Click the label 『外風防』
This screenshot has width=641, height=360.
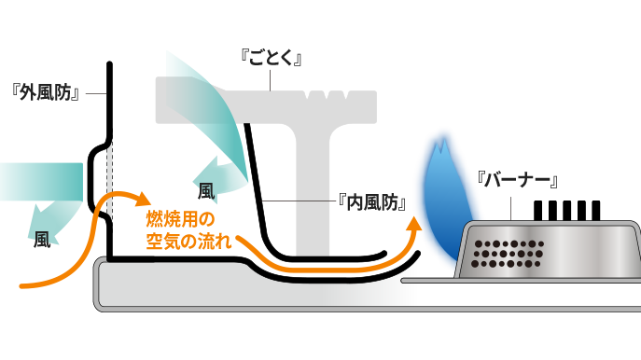(46, 93)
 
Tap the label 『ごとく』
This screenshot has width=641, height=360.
(271, 58)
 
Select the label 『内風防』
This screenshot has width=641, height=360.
(372, 201)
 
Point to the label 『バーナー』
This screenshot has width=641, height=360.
(518, 180)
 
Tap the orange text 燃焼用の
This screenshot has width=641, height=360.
(180, 219)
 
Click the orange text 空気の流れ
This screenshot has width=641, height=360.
(188, 242)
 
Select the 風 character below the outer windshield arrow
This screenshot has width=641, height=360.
(42, 240)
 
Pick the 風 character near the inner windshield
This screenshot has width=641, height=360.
(206, 191)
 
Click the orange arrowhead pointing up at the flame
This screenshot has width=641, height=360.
(414, 225)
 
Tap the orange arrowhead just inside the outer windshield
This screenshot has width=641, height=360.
(143, 199)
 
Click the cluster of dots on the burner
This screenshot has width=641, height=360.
(509, 254)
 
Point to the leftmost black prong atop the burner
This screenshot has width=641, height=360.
(538, 211)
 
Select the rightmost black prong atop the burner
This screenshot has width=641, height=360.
(596, 211)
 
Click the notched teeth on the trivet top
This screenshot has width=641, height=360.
(327, 95)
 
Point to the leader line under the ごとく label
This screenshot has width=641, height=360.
(271, 80)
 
